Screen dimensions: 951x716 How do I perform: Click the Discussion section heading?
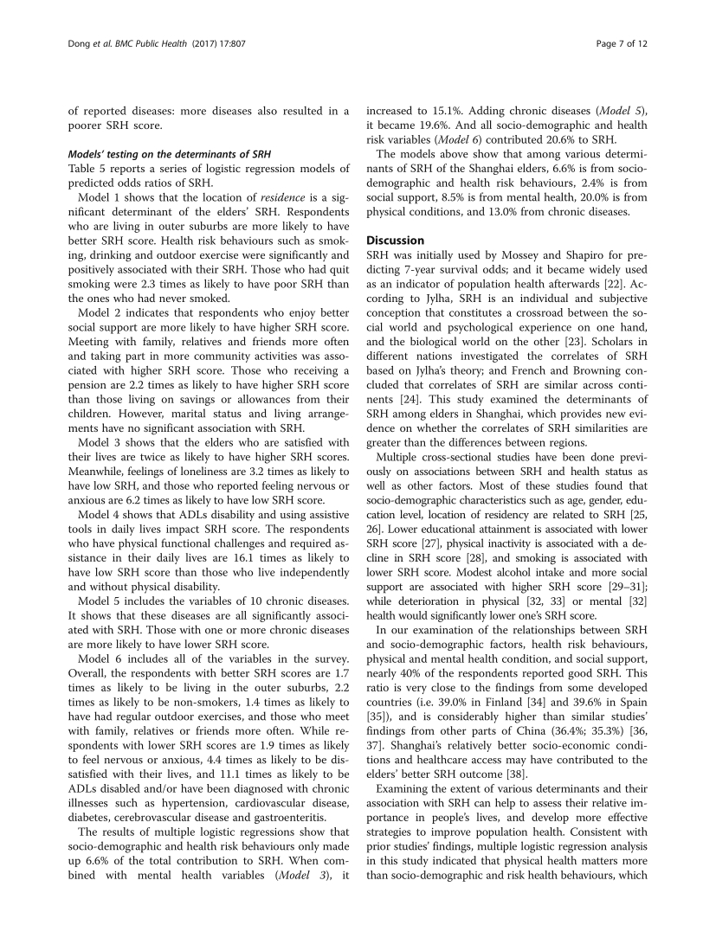tap(396, 240)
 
